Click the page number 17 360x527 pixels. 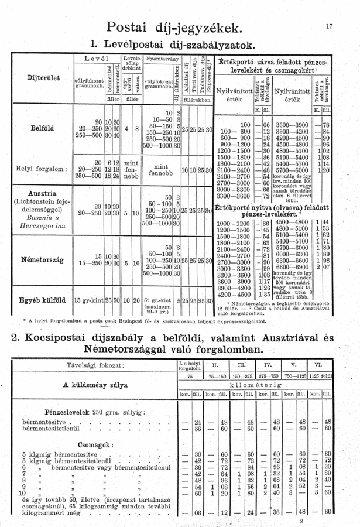click(x=330, y=25)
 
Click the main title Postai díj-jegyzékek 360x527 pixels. click(x=174, y=26)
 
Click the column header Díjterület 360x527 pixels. click(x=33, y=77)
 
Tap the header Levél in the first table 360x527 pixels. click(x=94, y=59)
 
